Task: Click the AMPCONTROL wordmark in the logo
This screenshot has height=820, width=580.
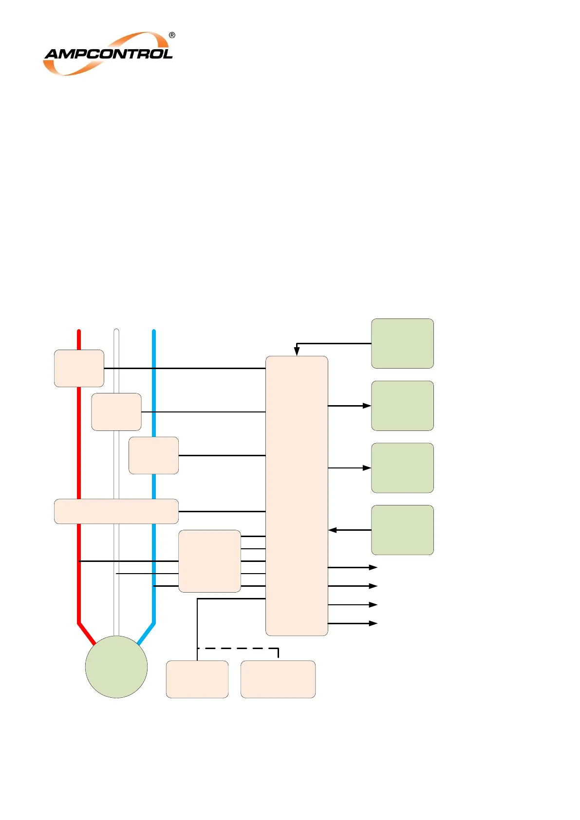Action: pos(108,54)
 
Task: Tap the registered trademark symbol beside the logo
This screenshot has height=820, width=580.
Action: pos(172,35)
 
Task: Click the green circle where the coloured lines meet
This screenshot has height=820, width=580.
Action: pos(116,667)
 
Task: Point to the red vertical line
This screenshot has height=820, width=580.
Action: pos(79,438)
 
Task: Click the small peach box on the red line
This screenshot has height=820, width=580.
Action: pos(79,368)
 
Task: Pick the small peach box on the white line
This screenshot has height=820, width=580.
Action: pos(116,412)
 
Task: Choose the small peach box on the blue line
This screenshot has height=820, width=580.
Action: pos(153,455)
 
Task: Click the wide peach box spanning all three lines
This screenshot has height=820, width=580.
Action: pos(116,511)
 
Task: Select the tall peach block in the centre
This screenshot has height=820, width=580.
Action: pos(297,496)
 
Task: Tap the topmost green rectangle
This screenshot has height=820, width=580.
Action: pos(402,343)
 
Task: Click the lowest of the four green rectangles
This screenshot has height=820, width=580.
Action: pos(402,530)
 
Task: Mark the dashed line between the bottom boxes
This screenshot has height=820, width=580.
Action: pos(239,648)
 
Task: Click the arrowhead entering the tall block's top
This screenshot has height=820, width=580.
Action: pos(297,351)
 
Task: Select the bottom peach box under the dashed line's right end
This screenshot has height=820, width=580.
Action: pos(278,679)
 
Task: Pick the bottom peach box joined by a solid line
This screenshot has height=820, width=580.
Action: pos(197,679)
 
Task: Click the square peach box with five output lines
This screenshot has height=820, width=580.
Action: pos(209,561)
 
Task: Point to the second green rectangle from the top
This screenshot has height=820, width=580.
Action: pos(402,406)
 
